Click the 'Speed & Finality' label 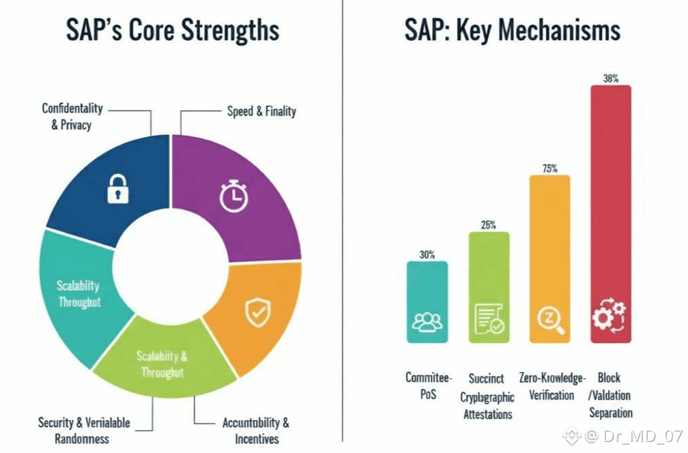tap(261, 111)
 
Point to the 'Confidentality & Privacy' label tap(72, 117)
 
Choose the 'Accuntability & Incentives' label tap(255, 430)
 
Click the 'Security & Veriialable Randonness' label tap(83, 430)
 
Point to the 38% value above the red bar tap(610, 78)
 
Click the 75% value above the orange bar tap(550, 169)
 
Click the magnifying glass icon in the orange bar tap(550, 320)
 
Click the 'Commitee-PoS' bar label tap(428, 385)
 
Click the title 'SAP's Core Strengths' tap(173, 31)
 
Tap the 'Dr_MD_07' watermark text tap(637, 435)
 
